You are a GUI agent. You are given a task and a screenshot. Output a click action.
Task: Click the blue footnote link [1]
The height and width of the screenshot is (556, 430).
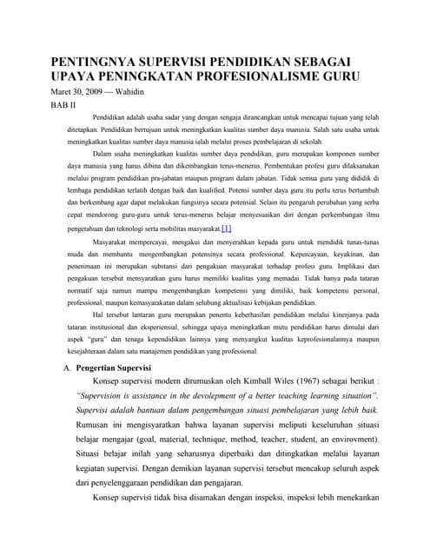coord(226,228)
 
